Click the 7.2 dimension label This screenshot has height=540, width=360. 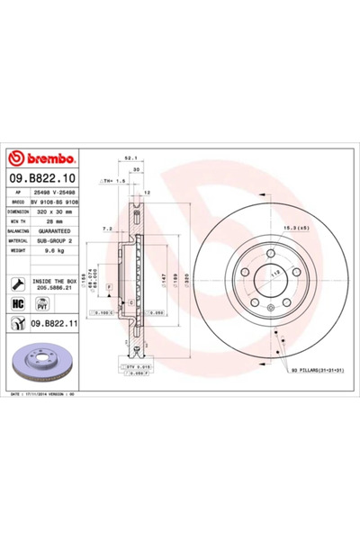tap(107, 229)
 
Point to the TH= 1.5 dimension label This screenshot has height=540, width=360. tap(112, 180)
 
